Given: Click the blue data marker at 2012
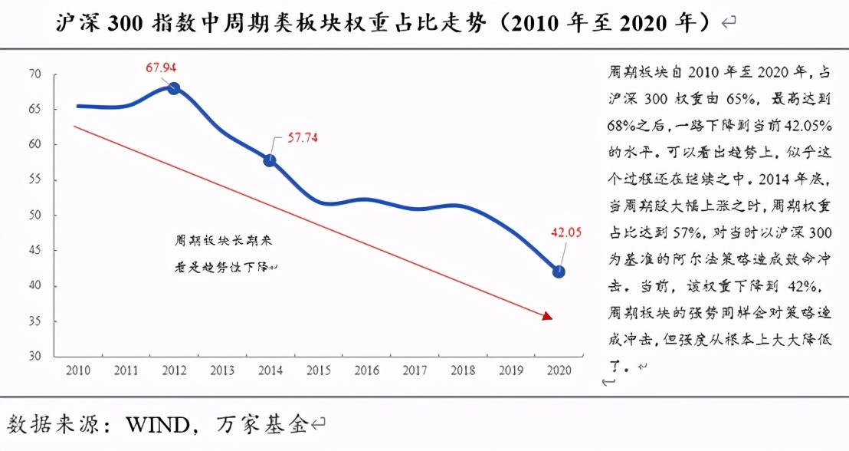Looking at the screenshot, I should (174, 88).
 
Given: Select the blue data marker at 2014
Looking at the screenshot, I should (270, 160).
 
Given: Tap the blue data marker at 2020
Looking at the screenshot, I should (559, 272).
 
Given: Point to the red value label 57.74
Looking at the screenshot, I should (303, 139).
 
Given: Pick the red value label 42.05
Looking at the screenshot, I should (564, 232).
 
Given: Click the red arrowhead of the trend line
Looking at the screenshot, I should (546, 315).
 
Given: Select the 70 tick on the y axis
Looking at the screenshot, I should (34, 74).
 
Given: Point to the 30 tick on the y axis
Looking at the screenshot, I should (34, 357).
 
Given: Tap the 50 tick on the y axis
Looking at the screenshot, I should (34, 216).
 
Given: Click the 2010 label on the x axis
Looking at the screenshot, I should (77, 371).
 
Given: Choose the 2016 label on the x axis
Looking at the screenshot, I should (366, 371).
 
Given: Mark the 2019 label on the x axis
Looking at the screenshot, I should (511, 371).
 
